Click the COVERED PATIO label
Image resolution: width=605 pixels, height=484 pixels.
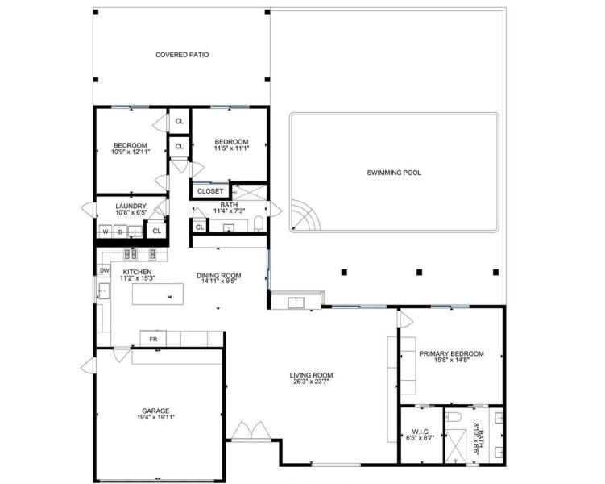[182, 56]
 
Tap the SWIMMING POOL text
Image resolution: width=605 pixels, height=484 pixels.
[394, 173]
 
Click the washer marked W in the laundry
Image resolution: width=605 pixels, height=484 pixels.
[104, 232]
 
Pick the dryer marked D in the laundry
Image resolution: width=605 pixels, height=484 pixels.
[120, 232]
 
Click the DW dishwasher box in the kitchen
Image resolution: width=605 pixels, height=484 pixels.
[104, 269]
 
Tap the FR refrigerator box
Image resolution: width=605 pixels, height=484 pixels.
[153, 339]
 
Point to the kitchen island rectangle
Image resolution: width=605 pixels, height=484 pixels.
[168, 296]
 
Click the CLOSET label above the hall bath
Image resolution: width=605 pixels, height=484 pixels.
[210, 191]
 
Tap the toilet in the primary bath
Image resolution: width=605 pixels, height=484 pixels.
[454, 418]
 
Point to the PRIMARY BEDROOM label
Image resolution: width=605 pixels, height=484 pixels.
[451, 354]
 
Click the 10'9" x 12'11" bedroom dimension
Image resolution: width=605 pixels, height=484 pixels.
[131, 152]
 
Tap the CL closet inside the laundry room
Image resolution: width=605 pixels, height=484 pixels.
[157, 231]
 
